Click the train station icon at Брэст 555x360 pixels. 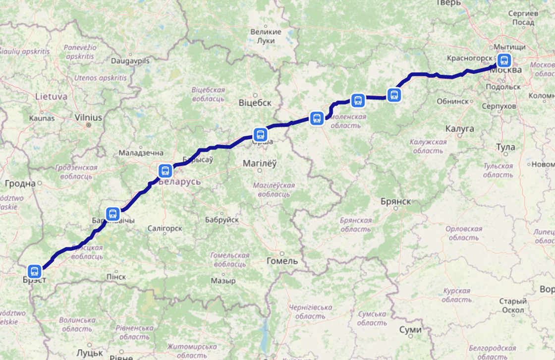(35, 271)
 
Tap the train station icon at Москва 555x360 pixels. (504, 60)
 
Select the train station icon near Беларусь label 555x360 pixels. (165, 171)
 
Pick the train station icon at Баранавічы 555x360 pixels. (112, 214)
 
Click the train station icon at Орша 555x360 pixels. (260, 134)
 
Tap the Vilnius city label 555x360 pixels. (88, 118)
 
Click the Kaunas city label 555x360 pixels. (42, 118)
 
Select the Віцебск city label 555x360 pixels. (255, 103)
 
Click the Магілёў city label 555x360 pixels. (260, 163)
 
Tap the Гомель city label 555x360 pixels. (282, 260)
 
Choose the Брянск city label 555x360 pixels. (396, 201)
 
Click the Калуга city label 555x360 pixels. (459, 128)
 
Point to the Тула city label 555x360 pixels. (505, 147)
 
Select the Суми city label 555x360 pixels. (410, 329)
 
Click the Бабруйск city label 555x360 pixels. (222, 219)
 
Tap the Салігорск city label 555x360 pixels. (165, 228)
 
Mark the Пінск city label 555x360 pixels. (116, 276)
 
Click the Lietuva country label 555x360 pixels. (51, 96)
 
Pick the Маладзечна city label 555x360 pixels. (141, 153)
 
